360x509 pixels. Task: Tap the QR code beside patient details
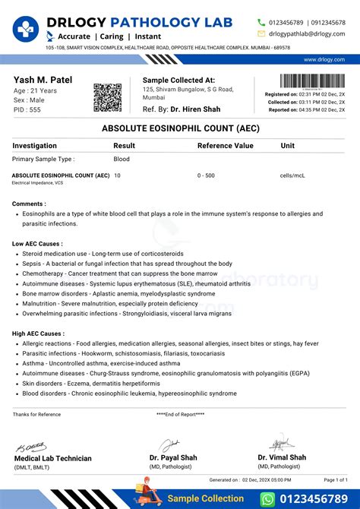(x=107, y=97)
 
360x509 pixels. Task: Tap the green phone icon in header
(x=261, y=23)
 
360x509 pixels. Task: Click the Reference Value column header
(x=226, y=145)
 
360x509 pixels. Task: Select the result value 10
(x=117, y=175)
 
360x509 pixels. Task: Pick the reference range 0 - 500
(x=206, y=175)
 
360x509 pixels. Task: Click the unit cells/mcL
(x=292, y=175)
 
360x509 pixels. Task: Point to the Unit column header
(x=288, y=145)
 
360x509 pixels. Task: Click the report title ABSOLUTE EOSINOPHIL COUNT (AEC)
(x=179, y=129)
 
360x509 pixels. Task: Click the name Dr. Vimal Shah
(x=282, y=457)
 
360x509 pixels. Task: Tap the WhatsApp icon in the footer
(x=267, y=498)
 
